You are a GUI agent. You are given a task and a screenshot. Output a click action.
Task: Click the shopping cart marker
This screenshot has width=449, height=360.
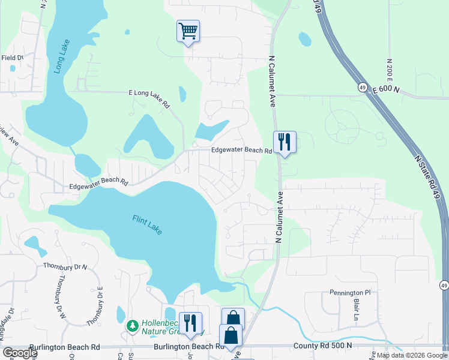(188, 31)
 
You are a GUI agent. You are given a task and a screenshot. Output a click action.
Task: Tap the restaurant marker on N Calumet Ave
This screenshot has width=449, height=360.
(285, 142)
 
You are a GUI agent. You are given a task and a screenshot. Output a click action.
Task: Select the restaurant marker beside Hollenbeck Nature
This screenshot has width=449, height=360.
(190, 323)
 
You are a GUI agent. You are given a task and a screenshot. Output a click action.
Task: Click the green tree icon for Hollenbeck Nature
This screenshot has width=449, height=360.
(133, 326)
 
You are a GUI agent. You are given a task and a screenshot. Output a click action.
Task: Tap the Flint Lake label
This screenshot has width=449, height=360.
(147, 225)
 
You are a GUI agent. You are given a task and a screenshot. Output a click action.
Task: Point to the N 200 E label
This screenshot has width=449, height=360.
(390, 71)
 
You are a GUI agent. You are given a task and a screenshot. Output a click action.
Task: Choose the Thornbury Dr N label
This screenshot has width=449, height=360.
(65, 266)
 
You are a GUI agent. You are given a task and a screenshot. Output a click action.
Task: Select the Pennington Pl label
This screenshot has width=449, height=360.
(351, 293)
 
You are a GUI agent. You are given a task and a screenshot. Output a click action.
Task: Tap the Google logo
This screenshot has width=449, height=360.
(20, 353)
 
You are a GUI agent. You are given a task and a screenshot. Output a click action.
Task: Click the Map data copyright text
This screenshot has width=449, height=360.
(412, 355)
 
